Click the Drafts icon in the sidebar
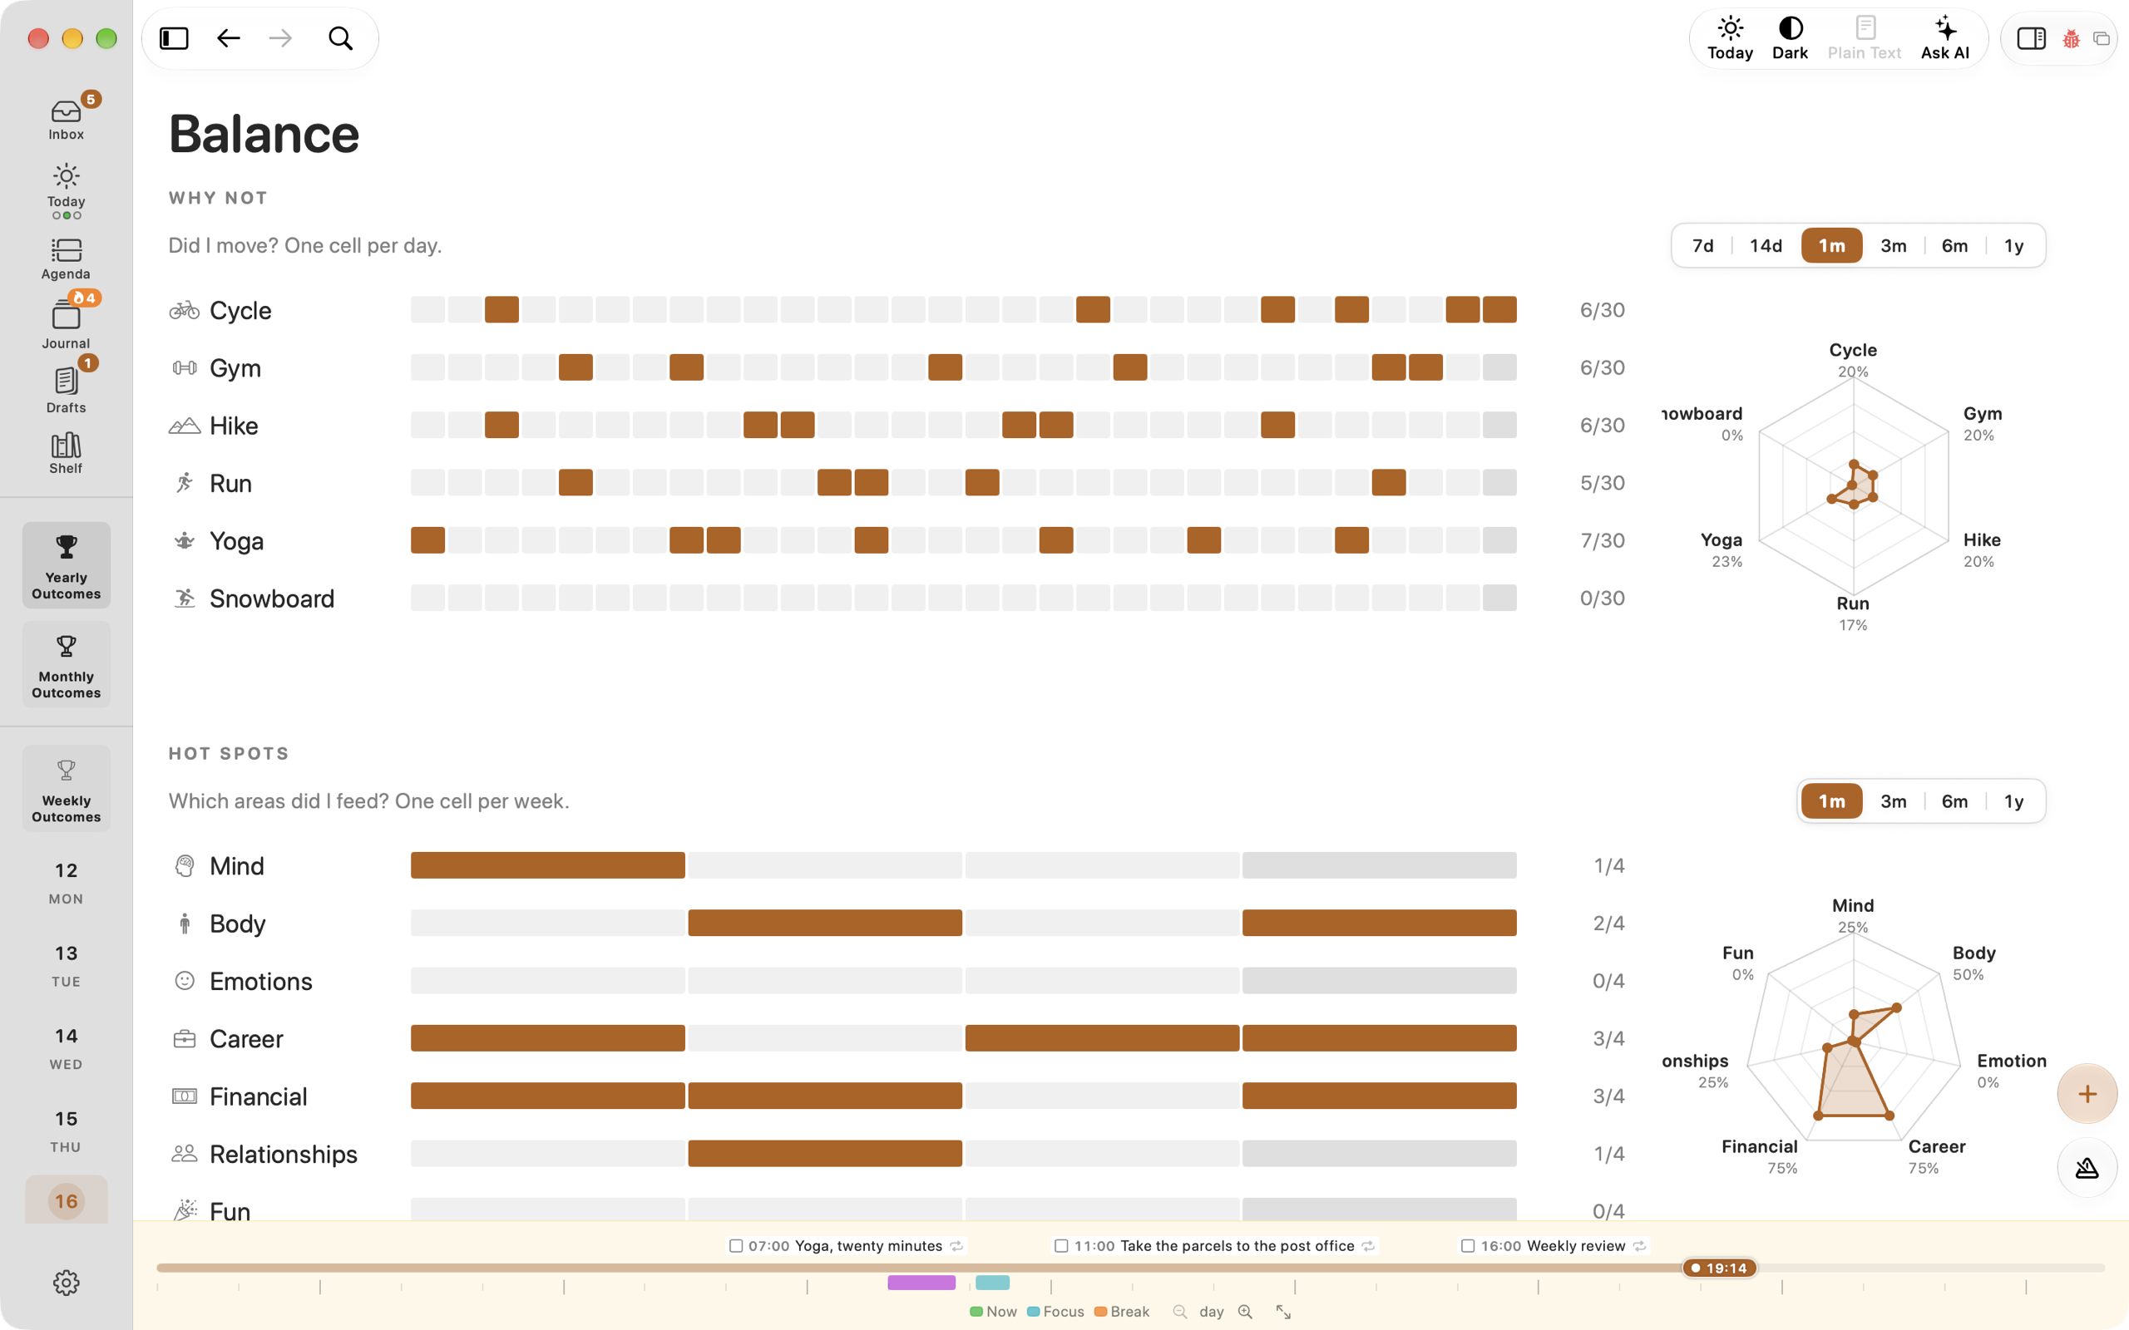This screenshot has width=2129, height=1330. pos(66,381)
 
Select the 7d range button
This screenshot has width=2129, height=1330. pos(1702,245)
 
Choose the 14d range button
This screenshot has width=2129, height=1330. pos(1765,245)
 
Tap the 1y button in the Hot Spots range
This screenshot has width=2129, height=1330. pos(2013,801)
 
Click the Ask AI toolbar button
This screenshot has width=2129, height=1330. pos(1944,39)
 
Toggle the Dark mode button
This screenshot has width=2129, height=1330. pos(1790,39)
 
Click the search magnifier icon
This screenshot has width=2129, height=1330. pos(340,39)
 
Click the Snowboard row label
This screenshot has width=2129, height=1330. pos(272,599)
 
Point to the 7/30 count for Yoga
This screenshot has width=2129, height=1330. pos(1602,541)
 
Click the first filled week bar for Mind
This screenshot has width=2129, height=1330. pos(547,865)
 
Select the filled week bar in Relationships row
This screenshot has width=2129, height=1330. pos(824,1153)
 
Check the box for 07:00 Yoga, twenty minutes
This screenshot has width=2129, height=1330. pos(736,1245)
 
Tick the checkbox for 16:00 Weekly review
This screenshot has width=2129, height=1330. pos(1467,1245)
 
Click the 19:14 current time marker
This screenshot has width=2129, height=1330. pos(1719,1268)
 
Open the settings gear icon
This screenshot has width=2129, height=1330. pos(66,1283)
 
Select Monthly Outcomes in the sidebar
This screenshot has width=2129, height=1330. pos(66,665)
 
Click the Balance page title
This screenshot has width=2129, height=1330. pos(264,134)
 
